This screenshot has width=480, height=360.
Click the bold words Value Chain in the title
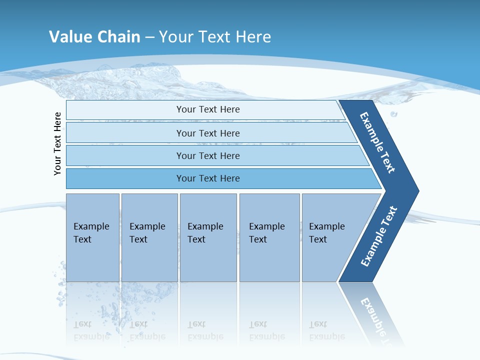94,36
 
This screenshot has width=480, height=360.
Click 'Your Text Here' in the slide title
215,36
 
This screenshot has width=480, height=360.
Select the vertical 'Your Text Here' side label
57,144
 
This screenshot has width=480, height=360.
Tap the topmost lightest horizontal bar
207,109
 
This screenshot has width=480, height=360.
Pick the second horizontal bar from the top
207,133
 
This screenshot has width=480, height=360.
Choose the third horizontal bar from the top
207,155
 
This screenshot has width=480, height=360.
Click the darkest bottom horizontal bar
207,178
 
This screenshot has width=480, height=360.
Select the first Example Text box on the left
92,237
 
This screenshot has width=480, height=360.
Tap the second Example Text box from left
149,237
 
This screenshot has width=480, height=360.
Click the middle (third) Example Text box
208,237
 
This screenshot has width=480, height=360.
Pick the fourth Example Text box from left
269,237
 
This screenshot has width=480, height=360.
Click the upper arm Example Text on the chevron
377,143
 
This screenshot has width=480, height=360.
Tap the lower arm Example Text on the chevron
379,236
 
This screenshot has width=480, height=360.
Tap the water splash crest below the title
150,75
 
